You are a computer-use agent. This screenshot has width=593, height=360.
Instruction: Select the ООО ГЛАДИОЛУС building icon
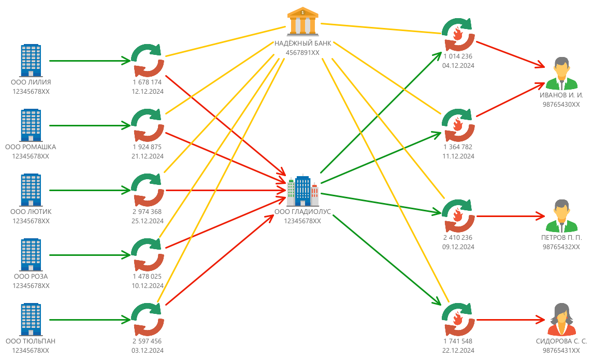click(x=303, y=191)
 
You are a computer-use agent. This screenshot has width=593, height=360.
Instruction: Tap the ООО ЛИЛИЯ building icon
click(x=31, y=60)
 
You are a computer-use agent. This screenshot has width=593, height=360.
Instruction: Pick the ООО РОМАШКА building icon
click(x=31, y=125)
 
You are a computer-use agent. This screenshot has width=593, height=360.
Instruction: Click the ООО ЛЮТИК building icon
click(x=31, y=190)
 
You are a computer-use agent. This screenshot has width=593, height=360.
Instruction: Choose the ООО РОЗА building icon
click(x=31, y=254)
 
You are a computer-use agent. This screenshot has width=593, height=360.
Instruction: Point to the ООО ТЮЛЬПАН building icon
click(x=31, y=319)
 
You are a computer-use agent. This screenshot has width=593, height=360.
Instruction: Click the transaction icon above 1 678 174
click(x=147, y=61)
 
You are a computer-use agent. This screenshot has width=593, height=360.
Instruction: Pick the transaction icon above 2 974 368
click(x=147, y=190)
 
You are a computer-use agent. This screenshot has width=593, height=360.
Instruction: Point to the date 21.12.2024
click(x=147, y=156)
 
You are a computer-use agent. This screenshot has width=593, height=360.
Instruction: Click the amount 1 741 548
click(x=458, y=341)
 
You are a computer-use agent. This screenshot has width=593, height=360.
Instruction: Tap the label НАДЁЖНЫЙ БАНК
click(x=303, y=44)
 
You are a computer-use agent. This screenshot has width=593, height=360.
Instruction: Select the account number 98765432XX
click(x=561, y=247)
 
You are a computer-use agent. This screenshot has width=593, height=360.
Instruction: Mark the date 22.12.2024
click(x=458, y=351)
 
